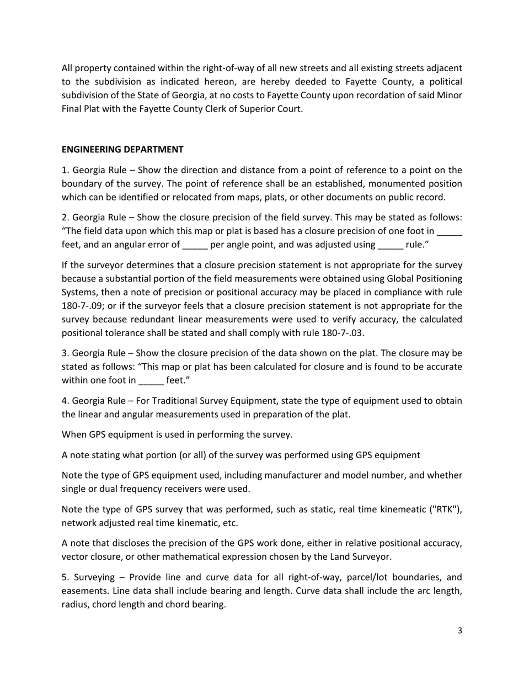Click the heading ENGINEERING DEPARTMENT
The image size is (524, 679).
click(122, 150)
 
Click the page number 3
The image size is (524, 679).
click(459, 631)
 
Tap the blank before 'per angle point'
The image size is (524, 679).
click(195, 245)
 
